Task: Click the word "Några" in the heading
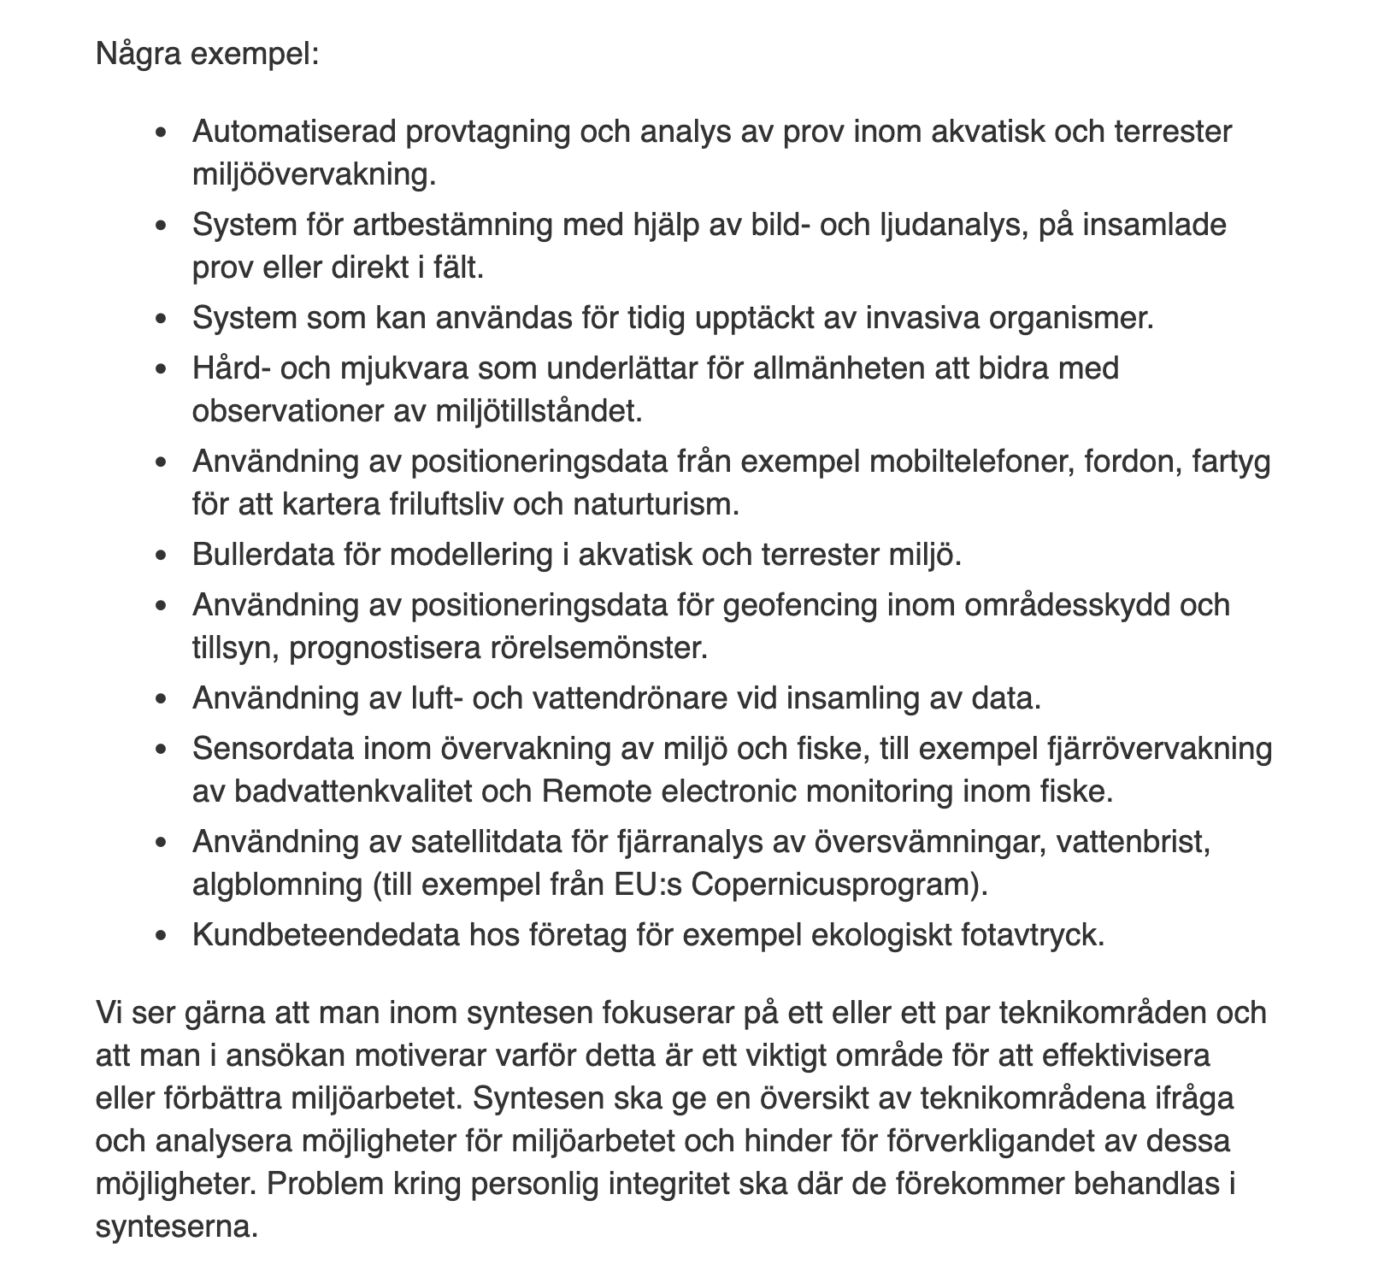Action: (x=138, y=56)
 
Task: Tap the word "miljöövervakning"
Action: (x=313, y=174)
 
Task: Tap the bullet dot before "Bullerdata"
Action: (x=162, y=556)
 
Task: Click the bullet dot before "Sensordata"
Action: (x=162, y=750)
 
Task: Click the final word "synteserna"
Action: (x=176, y=1227)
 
